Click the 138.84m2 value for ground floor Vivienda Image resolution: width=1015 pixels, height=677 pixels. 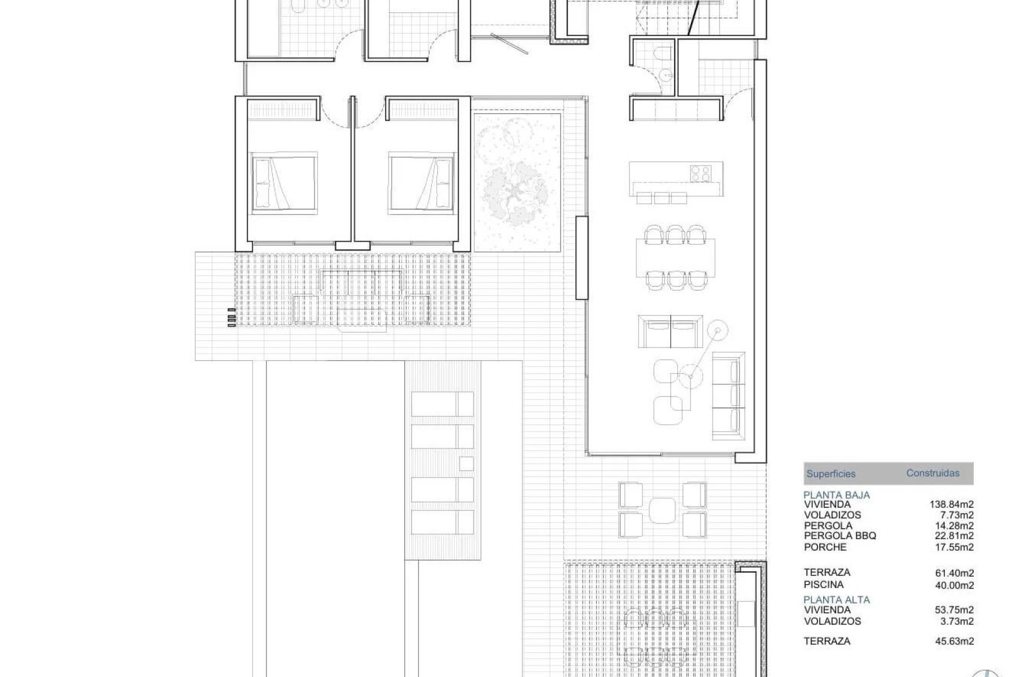point(951,505)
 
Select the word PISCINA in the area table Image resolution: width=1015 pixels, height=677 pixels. point(824,584)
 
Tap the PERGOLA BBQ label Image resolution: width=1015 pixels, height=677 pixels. point(840,536)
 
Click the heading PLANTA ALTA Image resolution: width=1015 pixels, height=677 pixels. point(836,600)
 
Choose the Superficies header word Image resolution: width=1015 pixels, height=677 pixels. point(831,474)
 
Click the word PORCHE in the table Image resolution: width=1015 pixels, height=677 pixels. point(825,547)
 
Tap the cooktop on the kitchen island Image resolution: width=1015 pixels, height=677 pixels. point(700,172)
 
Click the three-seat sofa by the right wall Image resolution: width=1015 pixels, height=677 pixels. point(728,396)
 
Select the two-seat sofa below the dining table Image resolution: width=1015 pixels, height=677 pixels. point(670,331)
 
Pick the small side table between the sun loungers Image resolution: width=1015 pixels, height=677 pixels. point(466,463)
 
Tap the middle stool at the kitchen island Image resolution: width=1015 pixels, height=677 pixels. point(662,198)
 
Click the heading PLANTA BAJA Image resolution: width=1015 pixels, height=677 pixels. point(836,495)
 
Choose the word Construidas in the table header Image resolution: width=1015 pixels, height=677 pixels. point(933,473)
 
